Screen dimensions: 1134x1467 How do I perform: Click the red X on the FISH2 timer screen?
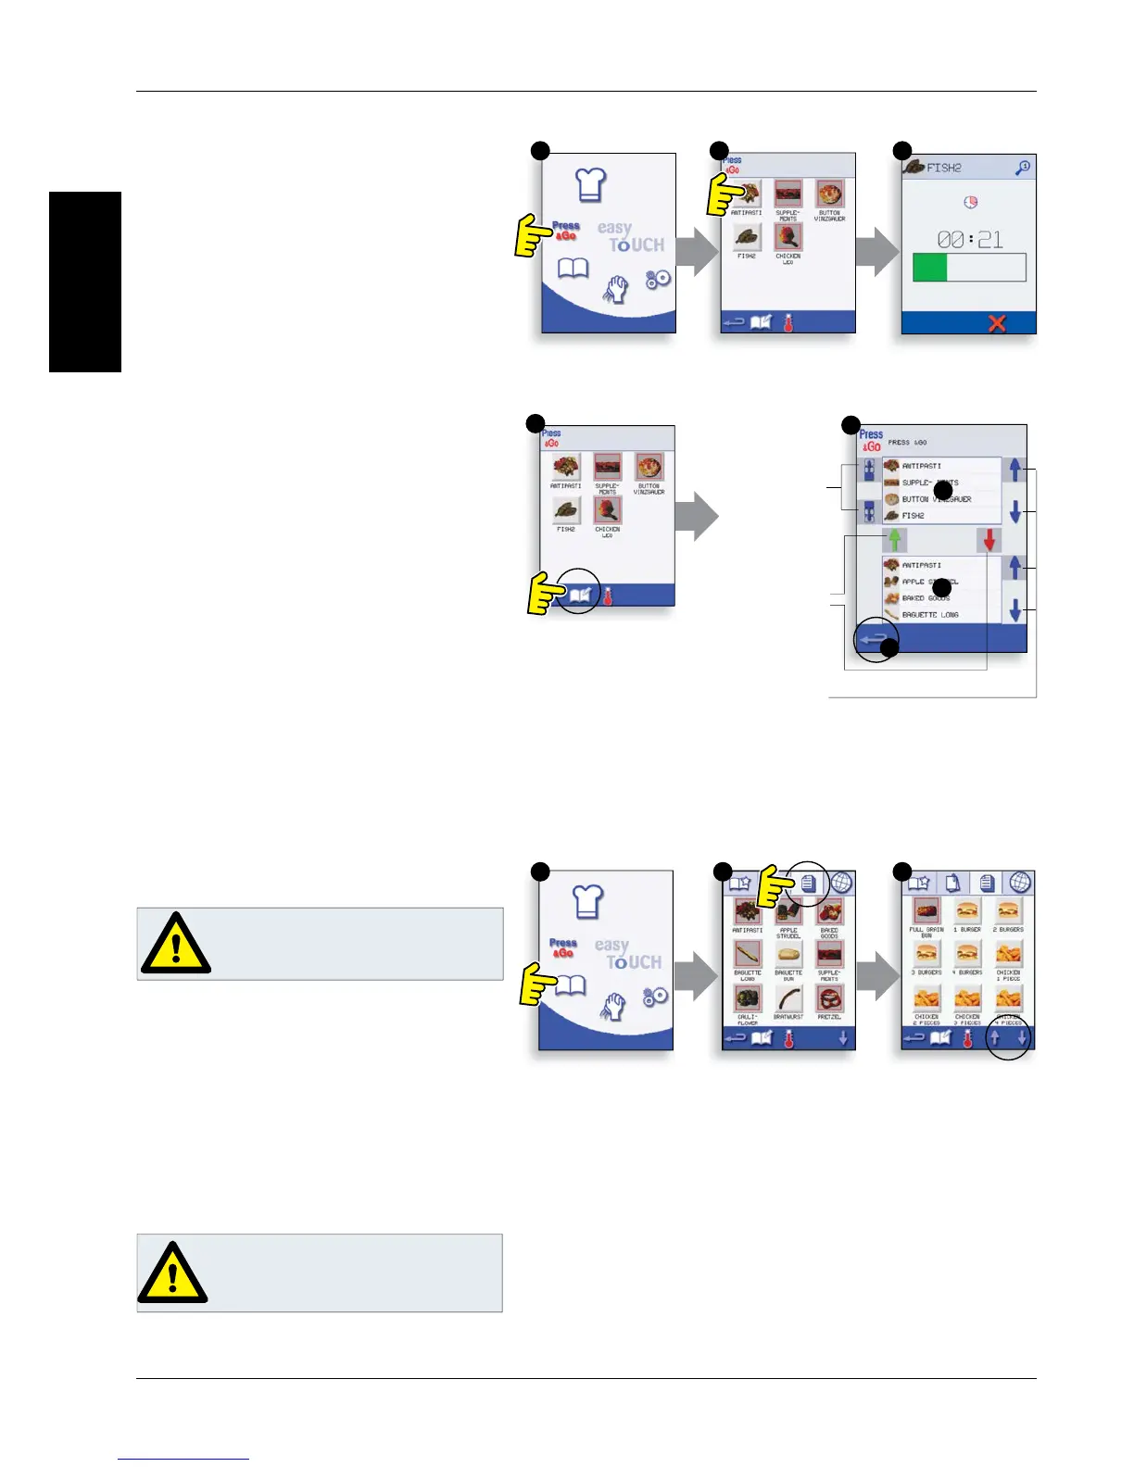tap(997, 323)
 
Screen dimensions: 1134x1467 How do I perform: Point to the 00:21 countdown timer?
tap(969, 240)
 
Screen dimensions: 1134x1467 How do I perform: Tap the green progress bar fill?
tap(930, 268)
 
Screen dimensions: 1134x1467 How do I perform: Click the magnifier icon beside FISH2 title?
tap(1023, 168)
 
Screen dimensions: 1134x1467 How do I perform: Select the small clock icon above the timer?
tap(970, 202)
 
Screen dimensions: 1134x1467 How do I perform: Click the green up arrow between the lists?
tap(895, 539)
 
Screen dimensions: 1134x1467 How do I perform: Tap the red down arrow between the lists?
tap(989, 540)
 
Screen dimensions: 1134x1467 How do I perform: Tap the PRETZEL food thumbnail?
tap(829, 998)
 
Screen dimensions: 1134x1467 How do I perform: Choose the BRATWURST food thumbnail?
tap(788, 998)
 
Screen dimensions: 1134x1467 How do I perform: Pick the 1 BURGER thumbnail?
tap(967, 911)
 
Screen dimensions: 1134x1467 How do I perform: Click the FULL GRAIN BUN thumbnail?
tap(926, 911)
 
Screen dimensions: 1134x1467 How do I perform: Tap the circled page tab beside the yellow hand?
tap(808, 884)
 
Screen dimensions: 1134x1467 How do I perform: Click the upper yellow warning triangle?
tap(175, 944)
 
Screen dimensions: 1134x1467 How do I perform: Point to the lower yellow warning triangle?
tap(172, 1273)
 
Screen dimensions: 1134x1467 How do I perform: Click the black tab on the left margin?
tap(85, 282)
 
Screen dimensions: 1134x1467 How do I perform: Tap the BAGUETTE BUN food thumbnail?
tap(788, 955)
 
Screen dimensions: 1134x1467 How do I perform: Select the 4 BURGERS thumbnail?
tap(967, 954)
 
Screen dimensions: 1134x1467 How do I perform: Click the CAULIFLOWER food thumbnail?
tap(748, 998)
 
